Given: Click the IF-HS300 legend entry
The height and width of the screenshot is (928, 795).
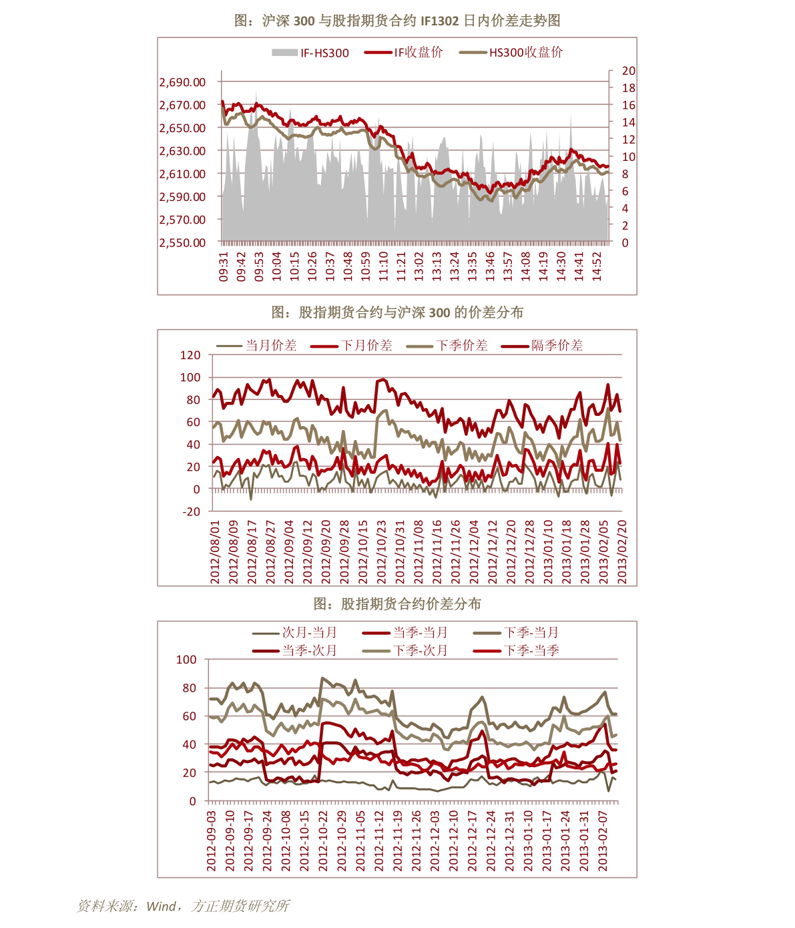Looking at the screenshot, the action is [310, 53].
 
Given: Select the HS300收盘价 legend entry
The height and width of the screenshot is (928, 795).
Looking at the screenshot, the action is [511, 53].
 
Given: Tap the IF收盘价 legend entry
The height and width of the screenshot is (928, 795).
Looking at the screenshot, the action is [403, 53].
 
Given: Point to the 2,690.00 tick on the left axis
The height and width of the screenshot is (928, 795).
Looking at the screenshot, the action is [182, 82].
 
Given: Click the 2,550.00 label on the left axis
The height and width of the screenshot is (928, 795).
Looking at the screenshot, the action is [182, 242].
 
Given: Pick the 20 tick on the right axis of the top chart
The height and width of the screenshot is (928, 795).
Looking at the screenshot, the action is [629, 71].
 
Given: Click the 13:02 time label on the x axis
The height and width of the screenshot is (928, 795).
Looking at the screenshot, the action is [419, 266].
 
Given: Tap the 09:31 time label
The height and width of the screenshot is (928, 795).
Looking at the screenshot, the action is [223, 266].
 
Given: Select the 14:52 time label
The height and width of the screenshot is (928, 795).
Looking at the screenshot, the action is [596, 266].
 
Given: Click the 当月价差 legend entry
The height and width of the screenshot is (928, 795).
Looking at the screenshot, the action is [256, 345].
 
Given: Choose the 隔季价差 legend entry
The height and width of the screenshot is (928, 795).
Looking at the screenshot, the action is [542, 345].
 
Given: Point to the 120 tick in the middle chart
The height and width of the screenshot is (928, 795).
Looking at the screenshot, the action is [190, 355].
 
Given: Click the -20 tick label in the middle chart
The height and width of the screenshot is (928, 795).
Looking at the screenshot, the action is [191, 511].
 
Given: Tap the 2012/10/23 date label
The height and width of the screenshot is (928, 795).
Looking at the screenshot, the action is [381, 551].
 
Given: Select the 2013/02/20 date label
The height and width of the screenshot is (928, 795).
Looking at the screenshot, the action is [621, 551].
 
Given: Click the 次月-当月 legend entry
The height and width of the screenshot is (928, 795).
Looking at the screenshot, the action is [294, 633].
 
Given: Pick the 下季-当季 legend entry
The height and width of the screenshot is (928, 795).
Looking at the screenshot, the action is [516, 650].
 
